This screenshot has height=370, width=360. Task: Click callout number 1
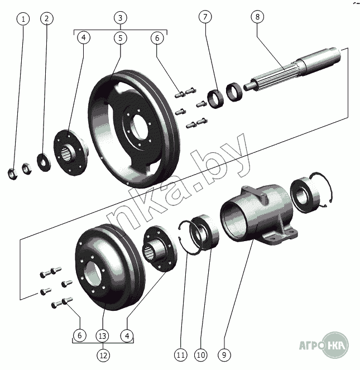click(23, 19)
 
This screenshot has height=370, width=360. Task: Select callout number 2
click(46, 18)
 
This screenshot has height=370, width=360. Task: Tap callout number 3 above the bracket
click(121, 18)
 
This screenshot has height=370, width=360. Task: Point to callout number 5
click(121, 38)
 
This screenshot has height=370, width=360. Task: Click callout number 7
click(205, 17)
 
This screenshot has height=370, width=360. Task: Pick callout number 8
click(257, 17)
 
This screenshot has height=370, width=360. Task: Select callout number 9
click(224, 355)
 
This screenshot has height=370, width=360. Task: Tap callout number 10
click(201, 355)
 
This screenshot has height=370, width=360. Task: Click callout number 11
click(181, 355)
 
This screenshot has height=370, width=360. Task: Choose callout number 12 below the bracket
click(103, 355)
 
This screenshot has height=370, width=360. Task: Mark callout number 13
click(103, 335)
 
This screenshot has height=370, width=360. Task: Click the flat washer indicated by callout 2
click(44, 162)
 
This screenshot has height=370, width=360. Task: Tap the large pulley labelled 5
click(134, 128)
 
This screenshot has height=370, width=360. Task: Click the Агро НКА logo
click(324, 344)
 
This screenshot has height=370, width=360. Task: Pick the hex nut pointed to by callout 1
click(12, 174)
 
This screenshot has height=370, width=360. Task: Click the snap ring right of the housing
click(321, 189)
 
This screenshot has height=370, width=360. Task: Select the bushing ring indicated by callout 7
click(215, 99)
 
